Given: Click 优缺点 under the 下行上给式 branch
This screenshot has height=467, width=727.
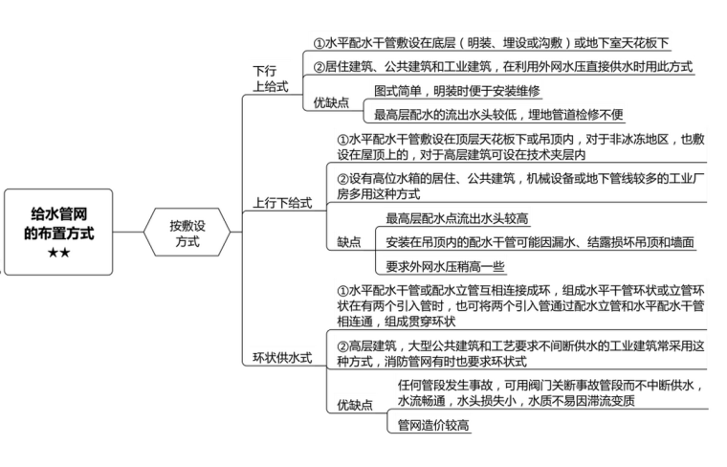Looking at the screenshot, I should point(331,102).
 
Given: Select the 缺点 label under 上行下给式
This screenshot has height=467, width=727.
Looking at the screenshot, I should point(350,242).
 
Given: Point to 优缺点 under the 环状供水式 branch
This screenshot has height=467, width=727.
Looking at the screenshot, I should point(355,405).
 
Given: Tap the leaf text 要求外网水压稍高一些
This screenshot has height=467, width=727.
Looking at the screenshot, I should point(445,267).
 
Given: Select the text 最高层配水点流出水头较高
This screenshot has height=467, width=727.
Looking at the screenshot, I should point(456,218).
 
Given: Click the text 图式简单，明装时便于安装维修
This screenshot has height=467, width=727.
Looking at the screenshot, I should point(457,91).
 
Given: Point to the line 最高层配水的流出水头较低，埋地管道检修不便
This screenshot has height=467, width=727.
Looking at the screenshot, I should point(498,115).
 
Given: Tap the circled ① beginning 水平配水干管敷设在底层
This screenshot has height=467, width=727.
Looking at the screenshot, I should point(319,43).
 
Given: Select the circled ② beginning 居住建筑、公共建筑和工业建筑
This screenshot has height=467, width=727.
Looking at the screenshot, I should point(319,67).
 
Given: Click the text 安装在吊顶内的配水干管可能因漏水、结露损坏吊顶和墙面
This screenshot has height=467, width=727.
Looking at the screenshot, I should point(540,242).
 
